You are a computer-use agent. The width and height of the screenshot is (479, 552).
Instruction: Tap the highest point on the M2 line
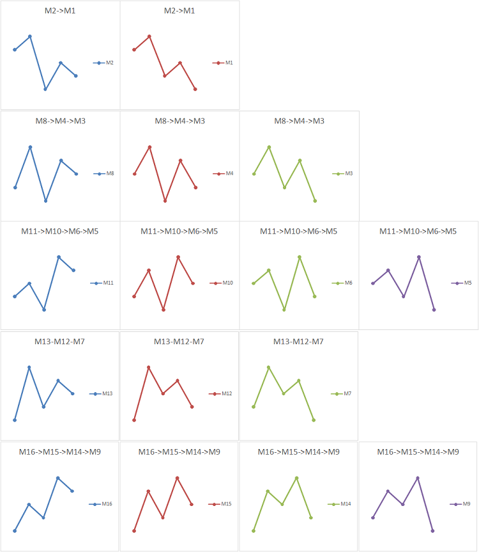tap(30, 36)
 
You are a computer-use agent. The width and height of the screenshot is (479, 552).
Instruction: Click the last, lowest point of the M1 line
tap(195, 89)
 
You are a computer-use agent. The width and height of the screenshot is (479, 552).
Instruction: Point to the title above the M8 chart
tap(60, 121)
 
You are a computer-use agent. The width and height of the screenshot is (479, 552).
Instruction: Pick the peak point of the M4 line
tap(150, 147)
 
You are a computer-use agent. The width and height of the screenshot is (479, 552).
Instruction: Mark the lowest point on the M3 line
tap(315, 201)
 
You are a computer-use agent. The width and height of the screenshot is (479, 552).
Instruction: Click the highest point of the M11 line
tap(59, 257)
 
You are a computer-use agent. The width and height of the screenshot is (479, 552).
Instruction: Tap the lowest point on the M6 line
tap(284, 310)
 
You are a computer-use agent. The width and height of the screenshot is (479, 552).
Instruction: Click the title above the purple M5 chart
tap(418, 231)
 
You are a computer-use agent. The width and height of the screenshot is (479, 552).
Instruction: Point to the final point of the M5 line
tap(434, 310)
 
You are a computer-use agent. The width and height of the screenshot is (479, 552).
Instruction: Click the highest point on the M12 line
tap(149, 367)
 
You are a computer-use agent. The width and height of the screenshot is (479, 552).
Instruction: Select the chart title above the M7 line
tap(298, 342)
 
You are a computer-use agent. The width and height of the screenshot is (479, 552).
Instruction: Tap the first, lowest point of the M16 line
tap(14, 531)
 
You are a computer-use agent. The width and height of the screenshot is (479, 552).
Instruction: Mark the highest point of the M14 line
tap(296, 478)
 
